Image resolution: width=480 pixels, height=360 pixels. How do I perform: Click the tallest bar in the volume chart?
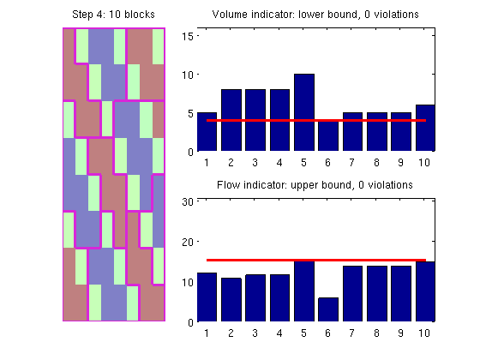click(304, 112)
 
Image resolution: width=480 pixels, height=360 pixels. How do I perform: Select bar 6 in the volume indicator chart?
click(328, 135)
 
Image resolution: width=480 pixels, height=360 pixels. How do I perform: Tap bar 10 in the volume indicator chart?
click(425, 128)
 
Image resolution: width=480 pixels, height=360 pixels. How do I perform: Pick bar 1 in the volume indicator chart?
click(207, 132)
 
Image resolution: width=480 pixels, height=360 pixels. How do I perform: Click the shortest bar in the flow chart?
click(328, 309)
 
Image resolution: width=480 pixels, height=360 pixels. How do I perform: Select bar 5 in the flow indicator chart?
click(304, 291)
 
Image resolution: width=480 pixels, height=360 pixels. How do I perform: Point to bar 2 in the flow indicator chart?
click(231, 300)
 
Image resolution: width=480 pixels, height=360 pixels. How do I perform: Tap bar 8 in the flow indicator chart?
click(377, 293)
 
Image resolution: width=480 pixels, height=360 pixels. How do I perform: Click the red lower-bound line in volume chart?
click(316, 120)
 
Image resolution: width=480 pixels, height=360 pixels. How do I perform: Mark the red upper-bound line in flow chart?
click(316, 261)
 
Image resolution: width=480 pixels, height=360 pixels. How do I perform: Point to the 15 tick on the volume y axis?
click(188, 36)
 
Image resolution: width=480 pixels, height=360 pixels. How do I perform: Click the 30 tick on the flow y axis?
click(188, 201)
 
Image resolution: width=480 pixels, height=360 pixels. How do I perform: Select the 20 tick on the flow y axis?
click(188, 242)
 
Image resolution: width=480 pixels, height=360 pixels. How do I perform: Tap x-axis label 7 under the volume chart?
click(352, 163)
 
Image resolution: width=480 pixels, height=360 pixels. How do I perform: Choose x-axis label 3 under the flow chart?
click(255, 333)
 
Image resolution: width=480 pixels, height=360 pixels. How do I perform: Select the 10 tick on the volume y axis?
click(188, 75)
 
